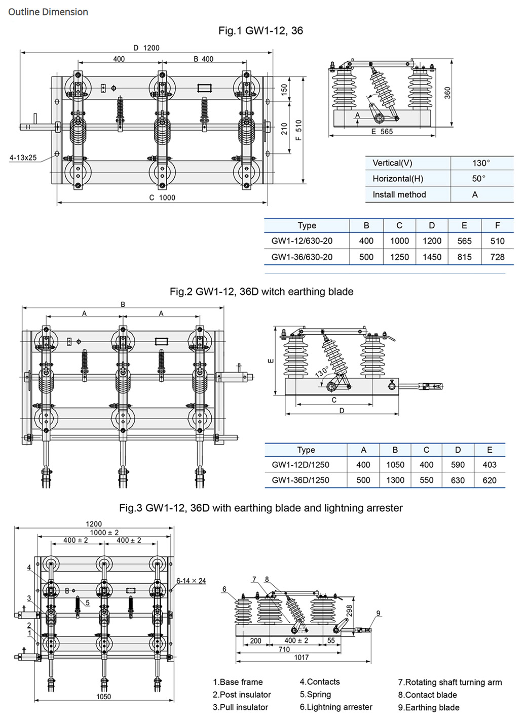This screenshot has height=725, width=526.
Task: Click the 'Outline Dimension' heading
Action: click(x=48, y=12)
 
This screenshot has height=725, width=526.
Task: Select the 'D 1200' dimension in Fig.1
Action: click(x=146, y=48)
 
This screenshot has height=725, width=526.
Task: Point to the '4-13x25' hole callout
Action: click(x=23, y=157)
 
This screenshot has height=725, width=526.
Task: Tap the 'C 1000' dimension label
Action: click(x=162, y=197)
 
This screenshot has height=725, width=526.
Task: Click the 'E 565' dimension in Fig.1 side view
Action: click(x=382, y=131)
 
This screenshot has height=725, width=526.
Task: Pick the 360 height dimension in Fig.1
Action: click(x=447, y=93)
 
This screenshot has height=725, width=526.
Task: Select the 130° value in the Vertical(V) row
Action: click(x=481, y=163)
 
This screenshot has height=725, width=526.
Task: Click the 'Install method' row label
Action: click(x=399, y=194)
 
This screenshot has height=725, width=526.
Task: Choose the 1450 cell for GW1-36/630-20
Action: click(x=432, y=257)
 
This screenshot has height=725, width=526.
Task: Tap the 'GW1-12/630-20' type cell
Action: click(x=302, y=241)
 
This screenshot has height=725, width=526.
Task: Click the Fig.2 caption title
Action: click(x=261, y=292)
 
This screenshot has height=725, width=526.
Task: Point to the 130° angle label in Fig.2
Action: click(x=322, y=372)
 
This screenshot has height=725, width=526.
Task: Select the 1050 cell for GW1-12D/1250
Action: click(x=395, y=465)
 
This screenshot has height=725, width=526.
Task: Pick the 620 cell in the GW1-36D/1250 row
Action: click(x=489, y=480)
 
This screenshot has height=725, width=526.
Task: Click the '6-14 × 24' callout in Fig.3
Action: click(x=191, y=581)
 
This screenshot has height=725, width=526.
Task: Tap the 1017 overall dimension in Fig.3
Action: click(x=301, y=657)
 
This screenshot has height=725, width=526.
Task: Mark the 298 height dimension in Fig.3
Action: click(x=349, y=611)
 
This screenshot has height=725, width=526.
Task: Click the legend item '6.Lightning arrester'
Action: click(x=335, y=707)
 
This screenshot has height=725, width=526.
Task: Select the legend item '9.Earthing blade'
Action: click(x=428, y=707)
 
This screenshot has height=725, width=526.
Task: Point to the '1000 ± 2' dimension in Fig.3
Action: click(x=104, y=532)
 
